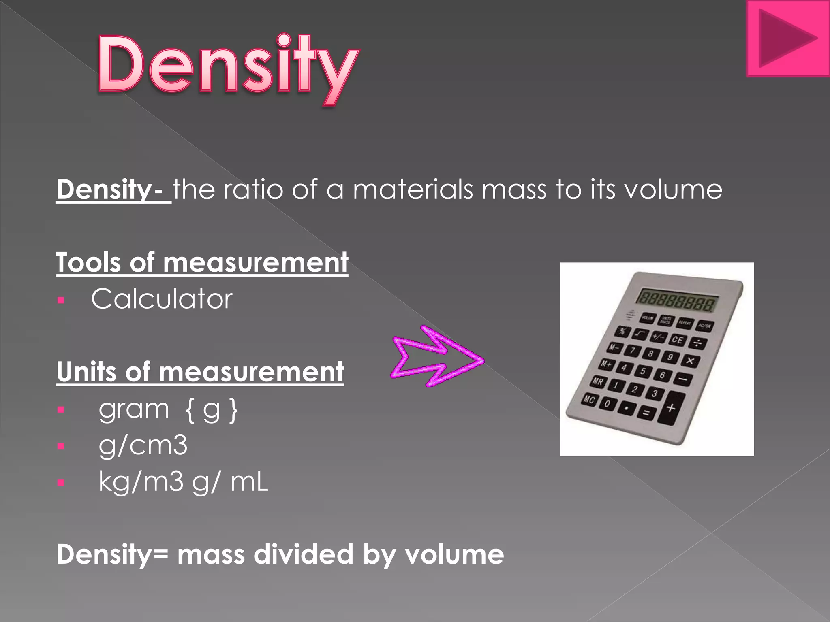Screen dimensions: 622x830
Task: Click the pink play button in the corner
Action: coord(787,38)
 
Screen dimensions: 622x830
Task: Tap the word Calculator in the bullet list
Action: coord(162,299)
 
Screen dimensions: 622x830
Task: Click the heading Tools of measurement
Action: coord(202,262)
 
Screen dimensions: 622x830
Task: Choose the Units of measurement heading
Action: coord(200,372)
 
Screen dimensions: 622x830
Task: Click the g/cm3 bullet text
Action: coord(143,445)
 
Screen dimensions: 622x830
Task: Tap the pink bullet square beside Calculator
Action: coord(61,300)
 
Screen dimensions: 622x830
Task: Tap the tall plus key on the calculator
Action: coord(671,408)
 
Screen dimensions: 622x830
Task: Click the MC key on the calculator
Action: coord(589,400)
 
